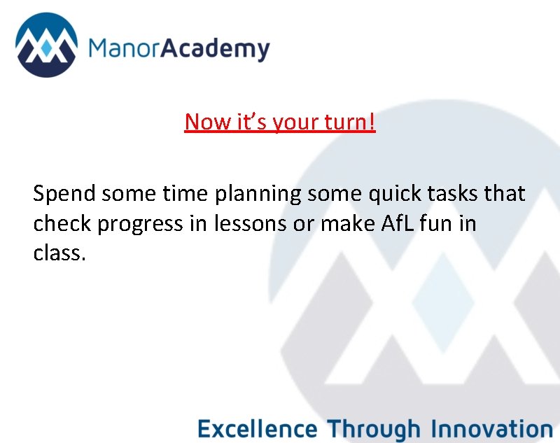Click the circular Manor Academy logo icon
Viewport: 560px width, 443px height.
pyautogui.click(x=46, y=46)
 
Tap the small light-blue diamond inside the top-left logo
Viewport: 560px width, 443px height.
pyautogui.click(x=46, y=48)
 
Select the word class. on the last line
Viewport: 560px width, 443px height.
pyautogui.click(x=59, y=252)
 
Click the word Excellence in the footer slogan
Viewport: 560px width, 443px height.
pyautogui.click(x=257, y=428)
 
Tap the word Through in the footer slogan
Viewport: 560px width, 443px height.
pyautogui.click(x=374, y=428)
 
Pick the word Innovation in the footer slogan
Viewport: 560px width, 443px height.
pyautogui.click(x=491, y=428)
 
